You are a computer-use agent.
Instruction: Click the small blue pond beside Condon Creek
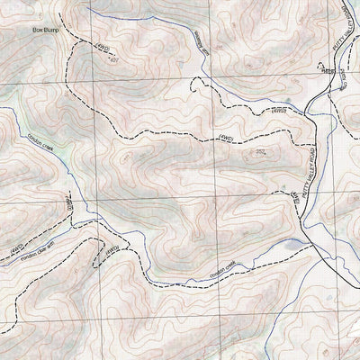pos(291,243)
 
